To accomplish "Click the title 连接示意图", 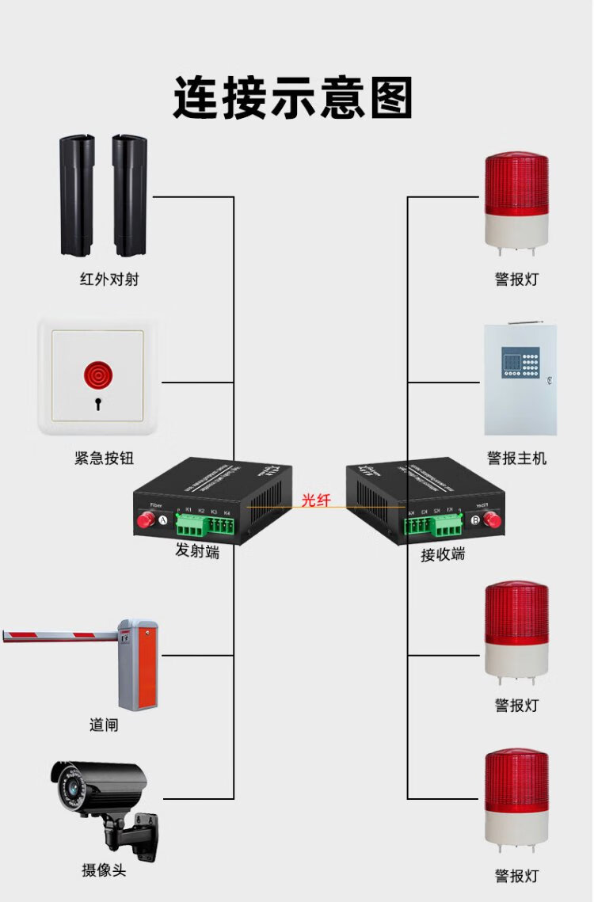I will pos(293,97).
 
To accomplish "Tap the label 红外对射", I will pos(109,279).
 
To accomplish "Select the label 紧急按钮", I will pos(105,458).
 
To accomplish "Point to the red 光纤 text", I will pos(316,500).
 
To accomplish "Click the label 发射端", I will pos(197,551).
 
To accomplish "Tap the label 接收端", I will pos(443,554).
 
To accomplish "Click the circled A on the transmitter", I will pos(164,520).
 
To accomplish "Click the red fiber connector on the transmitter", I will pos(146,520).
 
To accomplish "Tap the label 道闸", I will pos(104,725).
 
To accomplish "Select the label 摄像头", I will pos(104,870).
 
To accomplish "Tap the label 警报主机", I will pos(516,458).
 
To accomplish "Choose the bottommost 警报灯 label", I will pos(516,876).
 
